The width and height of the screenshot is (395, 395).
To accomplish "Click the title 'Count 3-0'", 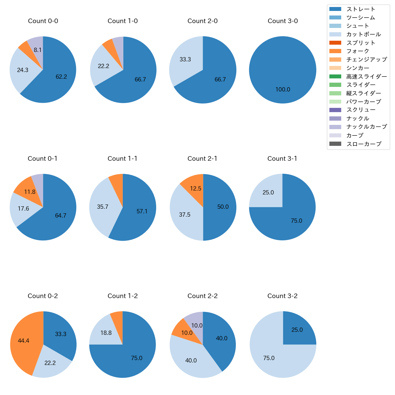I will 283,21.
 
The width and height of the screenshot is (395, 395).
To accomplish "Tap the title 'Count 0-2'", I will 43,296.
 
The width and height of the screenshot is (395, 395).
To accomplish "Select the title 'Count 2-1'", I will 202,159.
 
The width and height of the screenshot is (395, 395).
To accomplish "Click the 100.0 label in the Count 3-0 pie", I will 283,90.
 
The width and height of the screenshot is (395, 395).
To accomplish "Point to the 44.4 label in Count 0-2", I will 23,341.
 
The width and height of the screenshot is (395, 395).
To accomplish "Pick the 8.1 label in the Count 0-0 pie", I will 38,50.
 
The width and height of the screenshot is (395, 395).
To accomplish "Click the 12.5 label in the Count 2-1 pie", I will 196,189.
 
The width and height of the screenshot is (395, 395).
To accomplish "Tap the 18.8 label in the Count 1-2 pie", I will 106,333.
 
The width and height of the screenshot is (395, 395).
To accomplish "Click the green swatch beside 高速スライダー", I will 335,76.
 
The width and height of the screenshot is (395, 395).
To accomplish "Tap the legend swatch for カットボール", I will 335,34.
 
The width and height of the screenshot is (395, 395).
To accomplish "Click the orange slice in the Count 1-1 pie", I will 117,182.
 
